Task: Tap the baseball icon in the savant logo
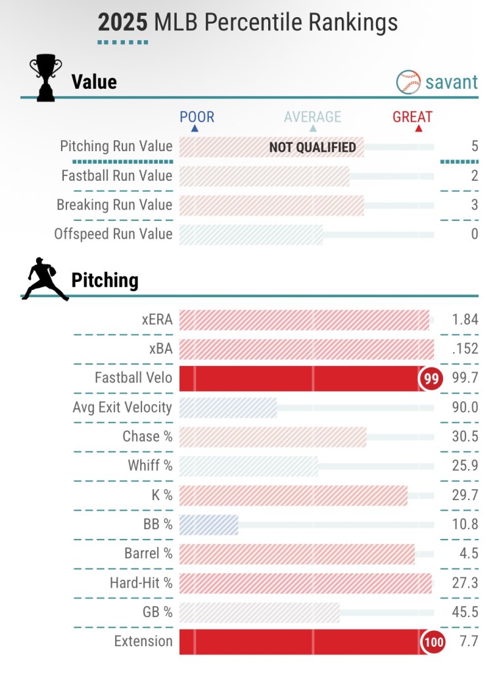click(408, 82)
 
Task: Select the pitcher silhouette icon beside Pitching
click(45, 280)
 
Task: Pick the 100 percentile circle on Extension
click(434, 641)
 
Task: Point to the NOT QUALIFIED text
click(312, 147)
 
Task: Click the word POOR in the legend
click(197, 117)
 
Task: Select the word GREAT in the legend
click(412, 117)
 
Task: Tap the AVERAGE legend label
click(312, 117)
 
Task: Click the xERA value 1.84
click(465, 320)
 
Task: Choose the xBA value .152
click(465, 349)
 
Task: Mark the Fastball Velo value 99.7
click(465, 379)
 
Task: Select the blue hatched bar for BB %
click(208, 524)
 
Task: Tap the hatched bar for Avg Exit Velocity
click(227, 407)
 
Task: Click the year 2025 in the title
click(123, 23)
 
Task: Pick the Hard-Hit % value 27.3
click(465, 583)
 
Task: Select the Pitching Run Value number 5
click(475, 147)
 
